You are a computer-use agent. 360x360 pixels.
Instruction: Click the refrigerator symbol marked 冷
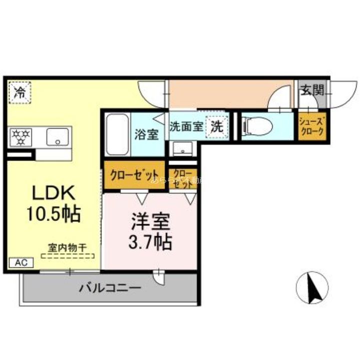(x=20, y=92)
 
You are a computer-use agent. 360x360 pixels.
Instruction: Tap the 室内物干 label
(x=68, y=247)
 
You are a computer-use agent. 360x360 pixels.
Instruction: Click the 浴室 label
(x=147, y=134)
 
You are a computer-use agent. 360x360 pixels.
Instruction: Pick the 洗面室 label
(x=186, y=126)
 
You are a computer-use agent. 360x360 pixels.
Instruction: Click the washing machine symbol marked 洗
(x=216, y=126)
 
